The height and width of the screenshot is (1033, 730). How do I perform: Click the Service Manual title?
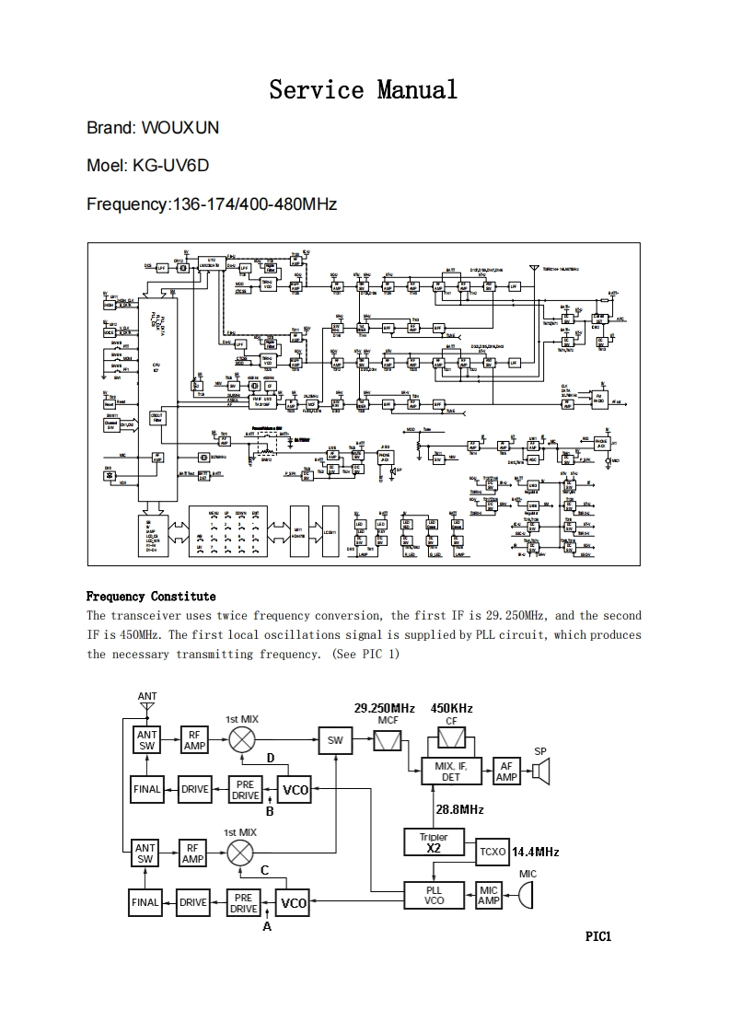(x=363, y=90)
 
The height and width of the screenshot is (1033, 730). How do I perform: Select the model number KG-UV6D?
(x=170, y=166)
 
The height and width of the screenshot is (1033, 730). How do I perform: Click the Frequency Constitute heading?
(x=151, y=597)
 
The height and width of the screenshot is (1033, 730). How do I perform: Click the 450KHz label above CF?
(x=452, y=708)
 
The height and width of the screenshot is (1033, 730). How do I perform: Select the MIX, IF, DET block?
(x=451, y=772)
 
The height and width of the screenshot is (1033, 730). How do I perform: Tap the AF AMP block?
(x=506, y=772)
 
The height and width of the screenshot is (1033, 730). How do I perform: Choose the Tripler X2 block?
(x=434, y=842)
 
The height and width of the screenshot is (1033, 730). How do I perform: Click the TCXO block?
(x=492, y=852)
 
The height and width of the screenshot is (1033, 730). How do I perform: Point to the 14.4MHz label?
(x=535, y=852)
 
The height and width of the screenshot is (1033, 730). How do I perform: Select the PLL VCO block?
(x=434, y=895)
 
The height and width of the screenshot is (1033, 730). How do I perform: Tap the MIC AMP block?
(x=489, y=895)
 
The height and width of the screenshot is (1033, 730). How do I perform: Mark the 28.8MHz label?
(x=459, y=809)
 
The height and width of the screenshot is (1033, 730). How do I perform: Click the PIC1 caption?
(x=598, y=936)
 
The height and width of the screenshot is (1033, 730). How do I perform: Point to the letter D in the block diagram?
(x=271, y=758)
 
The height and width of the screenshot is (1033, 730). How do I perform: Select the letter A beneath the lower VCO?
(x=267, y=926)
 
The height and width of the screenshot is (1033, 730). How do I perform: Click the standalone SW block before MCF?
(x=335, y=739)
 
